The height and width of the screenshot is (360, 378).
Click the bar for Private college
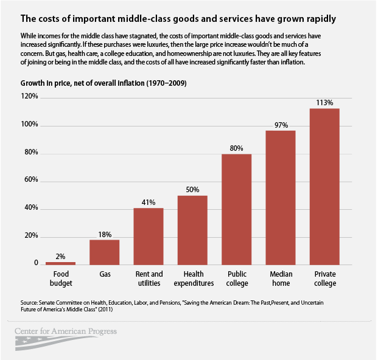point(324,186)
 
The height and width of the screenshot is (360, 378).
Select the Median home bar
point(281,197)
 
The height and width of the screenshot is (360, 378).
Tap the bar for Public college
point(236,209)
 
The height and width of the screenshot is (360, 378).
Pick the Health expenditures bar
point(192,230)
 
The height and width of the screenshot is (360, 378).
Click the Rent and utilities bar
point(149,236)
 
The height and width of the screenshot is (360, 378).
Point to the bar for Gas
point(105,252)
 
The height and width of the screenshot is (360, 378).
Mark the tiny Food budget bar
point(61,263)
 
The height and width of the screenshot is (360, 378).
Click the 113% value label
point(324,103)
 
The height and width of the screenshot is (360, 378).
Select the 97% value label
point(281,125)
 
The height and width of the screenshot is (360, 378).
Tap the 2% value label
point(61,257)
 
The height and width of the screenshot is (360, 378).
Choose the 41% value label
point(149,202)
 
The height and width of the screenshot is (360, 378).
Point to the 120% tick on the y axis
point(29,97)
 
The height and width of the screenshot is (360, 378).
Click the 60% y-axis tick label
point(30,180)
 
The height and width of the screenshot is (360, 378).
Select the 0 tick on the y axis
point(36,263)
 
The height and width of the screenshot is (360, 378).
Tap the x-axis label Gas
point(105,274)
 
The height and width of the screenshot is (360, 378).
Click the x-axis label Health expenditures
point(192,279)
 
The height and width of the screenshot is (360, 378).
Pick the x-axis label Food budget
point(61,279)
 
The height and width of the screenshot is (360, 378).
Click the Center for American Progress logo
point(66,334)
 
